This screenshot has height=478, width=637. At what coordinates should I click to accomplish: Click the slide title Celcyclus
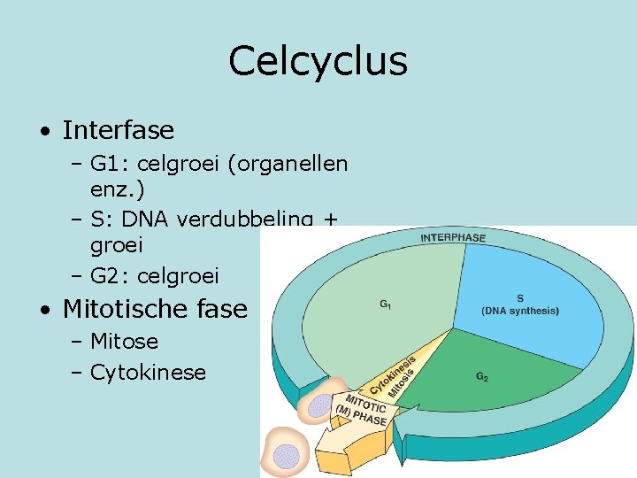tap(318, 62)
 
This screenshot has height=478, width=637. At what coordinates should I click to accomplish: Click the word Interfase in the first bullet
tap(119, 131)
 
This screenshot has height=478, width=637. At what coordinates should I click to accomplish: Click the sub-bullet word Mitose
tap(124, 342)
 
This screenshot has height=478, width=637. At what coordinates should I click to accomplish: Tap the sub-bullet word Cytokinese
tap(148, 373)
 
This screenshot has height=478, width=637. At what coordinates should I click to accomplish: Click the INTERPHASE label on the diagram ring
tap(452, 238)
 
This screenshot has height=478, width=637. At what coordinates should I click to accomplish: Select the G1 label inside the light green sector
tap(387, 305)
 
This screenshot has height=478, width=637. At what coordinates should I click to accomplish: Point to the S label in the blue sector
tap(519, 298)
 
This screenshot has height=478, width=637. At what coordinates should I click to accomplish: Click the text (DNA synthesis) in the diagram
tap(520, 311)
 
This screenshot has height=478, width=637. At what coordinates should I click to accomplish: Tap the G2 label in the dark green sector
tap(481, 377)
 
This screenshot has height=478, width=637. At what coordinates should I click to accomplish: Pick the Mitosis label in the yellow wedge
tap(403, 382)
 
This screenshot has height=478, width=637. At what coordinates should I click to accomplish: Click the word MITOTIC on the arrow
tap(365, 405)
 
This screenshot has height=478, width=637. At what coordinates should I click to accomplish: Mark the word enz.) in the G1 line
tap(118, 189)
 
